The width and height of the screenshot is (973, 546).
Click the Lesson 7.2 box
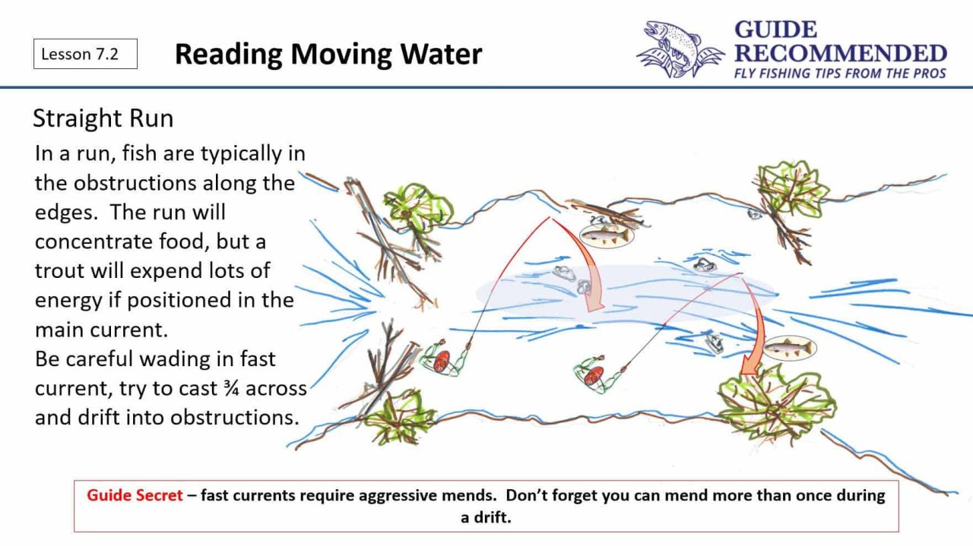coord(85,54)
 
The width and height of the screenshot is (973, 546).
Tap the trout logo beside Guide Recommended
coord(679,49)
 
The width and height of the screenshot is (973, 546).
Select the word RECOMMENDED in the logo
coord(840,53)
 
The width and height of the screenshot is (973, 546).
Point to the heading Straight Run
coord(103,118)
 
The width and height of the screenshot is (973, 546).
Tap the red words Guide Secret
coord(135,496)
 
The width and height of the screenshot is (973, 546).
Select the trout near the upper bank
coord(606,235)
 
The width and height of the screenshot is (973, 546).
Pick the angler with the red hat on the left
coord(443,360)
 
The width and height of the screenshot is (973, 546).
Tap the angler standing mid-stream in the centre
coord(594,373)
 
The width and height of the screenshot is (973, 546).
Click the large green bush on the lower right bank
coord(775,402)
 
